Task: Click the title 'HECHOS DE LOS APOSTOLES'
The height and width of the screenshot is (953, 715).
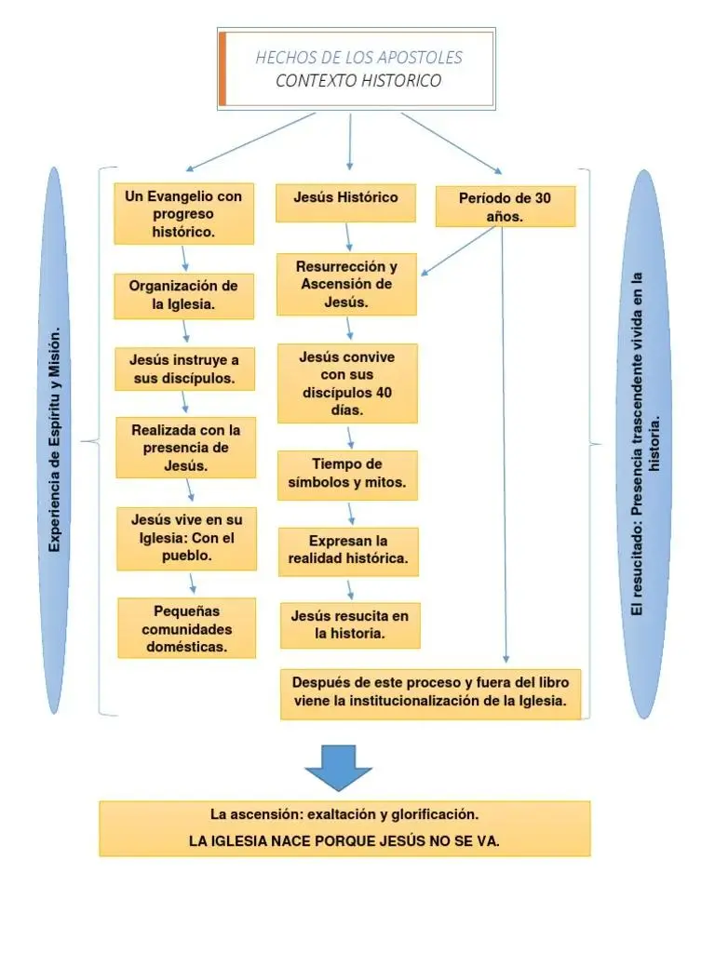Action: [x=358, y=58]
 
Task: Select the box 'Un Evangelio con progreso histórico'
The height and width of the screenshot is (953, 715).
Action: [x=183, y=214]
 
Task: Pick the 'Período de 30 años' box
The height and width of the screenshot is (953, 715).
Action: [x=505, y=207]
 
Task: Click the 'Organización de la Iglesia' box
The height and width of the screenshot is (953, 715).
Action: [x=183, y=295]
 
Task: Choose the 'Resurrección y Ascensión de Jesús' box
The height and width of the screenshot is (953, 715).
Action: [x=346, y=284]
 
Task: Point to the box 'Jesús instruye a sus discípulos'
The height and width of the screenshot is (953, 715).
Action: [x=184, y=369]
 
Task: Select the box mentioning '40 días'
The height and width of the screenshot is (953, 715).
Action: [x=347, y=383]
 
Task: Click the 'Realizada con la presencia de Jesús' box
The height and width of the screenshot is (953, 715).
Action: [x=185, y=448]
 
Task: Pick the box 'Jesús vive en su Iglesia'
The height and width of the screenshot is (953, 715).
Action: [x=186, y=538]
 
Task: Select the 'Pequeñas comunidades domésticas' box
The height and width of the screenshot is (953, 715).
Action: [x=187, y=628]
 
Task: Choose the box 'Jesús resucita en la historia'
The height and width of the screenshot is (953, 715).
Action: [x=349, y=625]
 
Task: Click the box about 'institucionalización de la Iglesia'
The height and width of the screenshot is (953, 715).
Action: [x=430, y=693]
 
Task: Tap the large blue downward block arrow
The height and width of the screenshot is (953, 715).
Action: [x=339, y=766]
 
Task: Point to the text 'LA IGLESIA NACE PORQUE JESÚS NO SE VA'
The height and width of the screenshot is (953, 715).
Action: [x=344, y=841]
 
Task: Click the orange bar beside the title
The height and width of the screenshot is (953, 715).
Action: [x=223, y=68]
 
